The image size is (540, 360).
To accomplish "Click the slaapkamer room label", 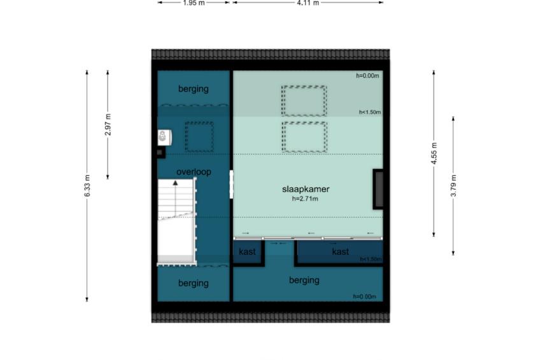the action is (306, 189).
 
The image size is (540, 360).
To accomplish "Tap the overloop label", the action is (194, 171).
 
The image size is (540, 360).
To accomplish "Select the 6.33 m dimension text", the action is (87, 185).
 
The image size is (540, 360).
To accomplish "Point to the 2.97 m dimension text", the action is (108, 124).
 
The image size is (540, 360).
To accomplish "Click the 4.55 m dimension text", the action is (434, 154).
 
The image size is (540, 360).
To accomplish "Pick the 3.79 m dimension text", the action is (453, 185).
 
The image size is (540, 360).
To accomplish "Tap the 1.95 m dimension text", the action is (194, 3).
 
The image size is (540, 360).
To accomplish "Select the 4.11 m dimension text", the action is (308, 3).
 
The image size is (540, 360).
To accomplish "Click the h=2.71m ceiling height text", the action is (305, 199).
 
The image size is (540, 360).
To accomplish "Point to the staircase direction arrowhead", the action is (175, 183).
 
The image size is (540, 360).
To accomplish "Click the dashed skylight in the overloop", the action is (199, 137).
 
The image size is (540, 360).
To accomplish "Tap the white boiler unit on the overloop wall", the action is (164, 137).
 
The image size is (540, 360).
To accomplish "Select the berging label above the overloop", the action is (193, 89).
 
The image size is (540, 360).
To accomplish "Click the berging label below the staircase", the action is (193, 283).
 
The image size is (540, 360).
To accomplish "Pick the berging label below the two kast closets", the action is (304, 280).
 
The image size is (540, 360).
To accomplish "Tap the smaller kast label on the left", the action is (247, 252).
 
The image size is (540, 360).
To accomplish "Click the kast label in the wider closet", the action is (340, 252).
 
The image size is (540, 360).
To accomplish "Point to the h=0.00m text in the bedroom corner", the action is (367, 75).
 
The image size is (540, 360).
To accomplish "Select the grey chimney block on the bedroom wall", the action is (379, 189).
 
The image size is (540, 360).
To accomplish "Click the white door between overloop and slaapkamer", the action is (231, 184).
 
